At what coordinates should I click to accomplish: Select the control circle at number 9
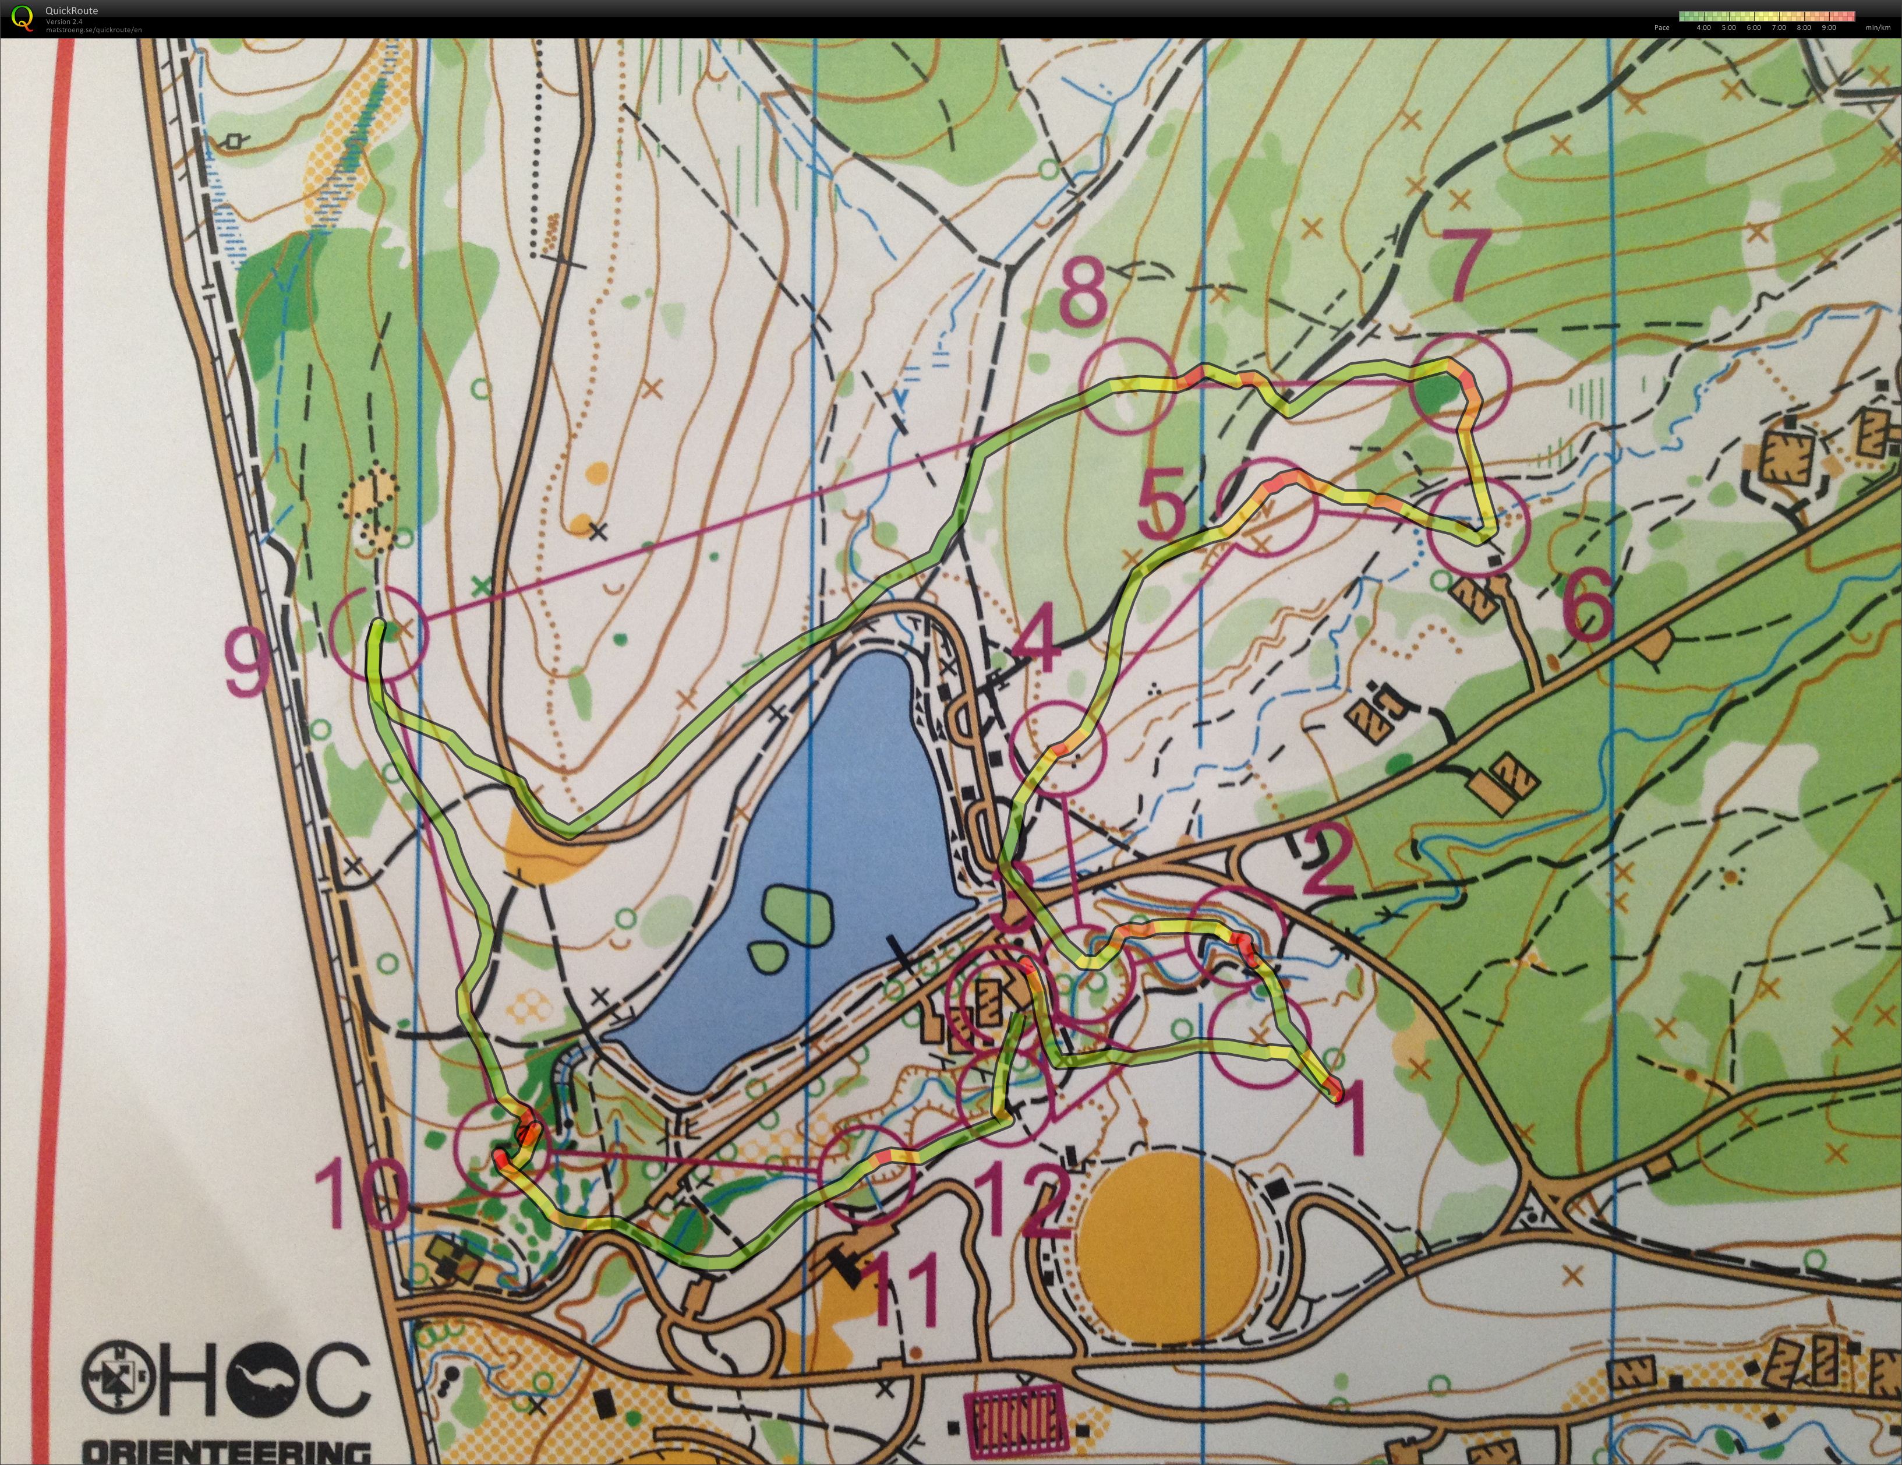coord(380,633)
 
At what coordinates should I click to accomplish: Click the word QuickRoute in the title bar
coord(72,10)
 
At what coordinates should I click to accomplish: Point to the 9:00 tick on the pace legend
coord(1828,27)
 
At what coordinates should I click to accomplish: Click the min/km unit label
coord(1878,27)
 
